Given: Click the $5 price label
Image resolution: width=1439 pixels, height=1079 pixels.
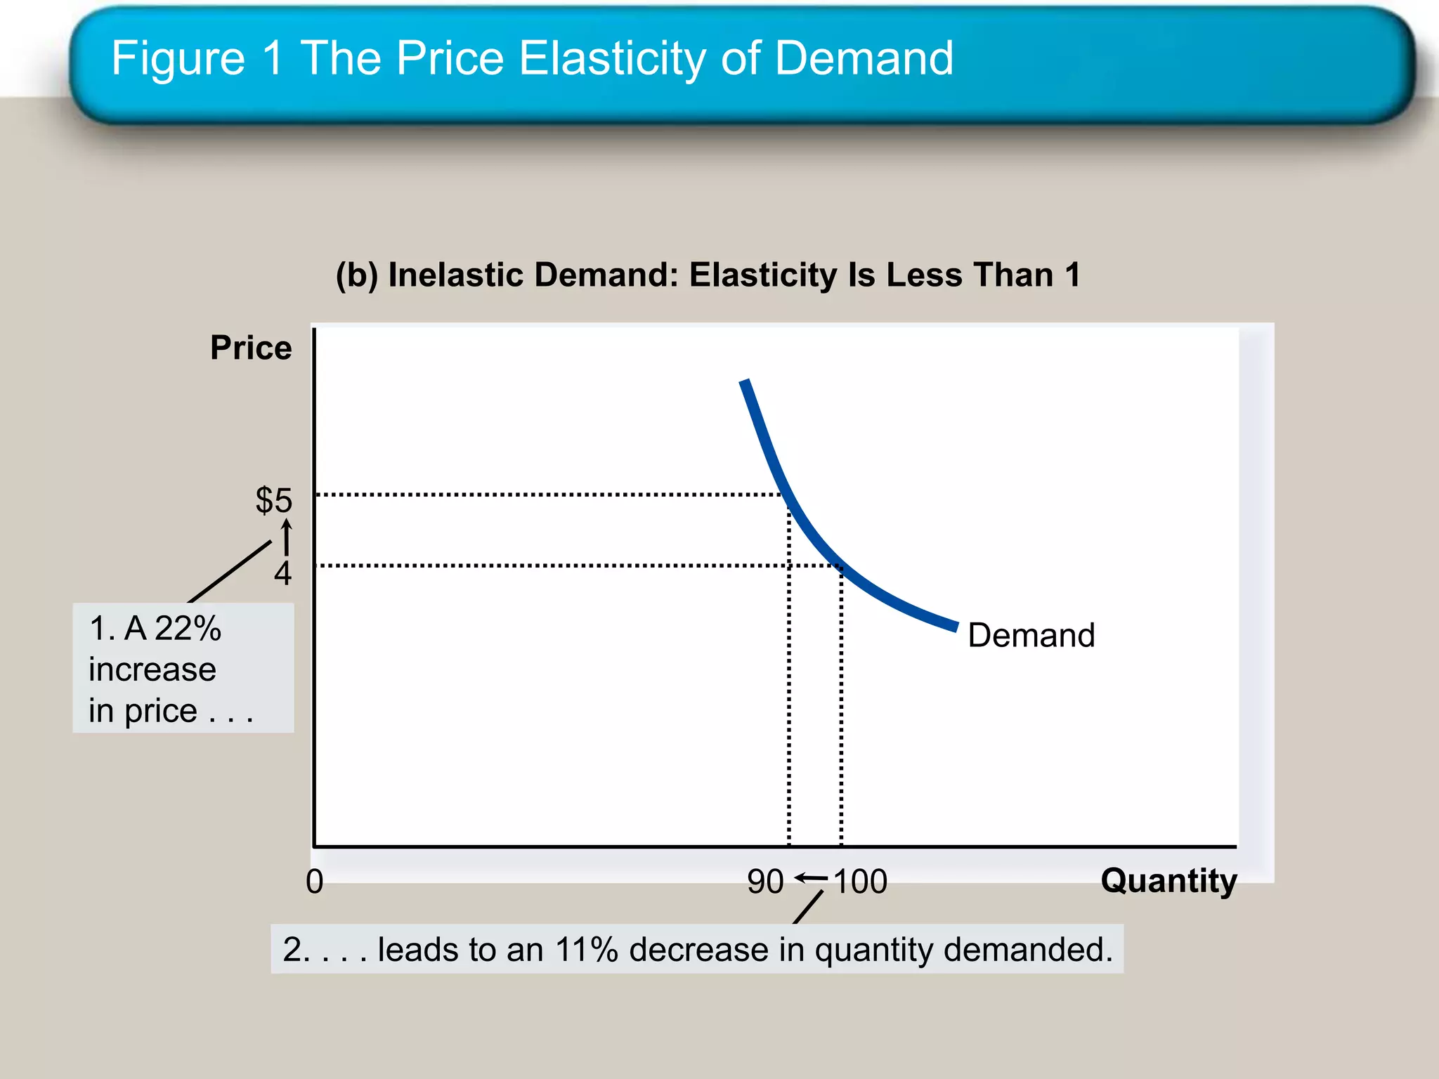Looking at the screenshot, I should point(273,500).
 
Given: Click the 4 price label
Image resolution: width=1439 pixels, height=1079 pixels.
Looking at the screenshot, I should point(282,574).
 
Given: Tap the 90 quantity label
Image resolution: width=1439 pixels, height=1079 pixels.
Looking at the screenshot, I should point(765,882).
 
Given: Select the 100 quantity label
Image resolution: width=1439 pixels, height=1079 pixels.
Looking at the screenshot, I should point(861,882).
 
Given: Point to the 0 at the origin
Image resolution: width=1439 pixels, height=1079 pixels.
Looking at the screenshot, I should point(315,882).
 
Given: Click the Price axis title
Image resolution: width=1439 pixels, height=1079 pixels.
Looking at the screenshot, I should point(251,348).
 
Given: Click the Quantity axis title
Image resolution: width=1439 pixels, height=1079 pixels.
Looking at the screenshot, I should point(1168,881).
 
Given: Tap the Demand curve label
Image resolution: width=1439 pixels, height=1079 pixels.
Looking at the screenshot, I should point(1031,635).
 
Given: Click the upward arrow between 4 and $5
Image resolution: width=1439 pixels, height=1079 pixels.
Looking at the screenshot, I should point(287,537).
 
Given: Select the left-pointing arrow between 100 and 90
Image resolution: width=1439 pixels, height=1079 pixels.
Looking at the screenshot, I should point(811,878).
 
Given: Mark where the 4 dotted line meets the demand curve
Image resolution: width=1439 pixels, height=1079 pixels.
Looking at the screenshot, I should point(840,565).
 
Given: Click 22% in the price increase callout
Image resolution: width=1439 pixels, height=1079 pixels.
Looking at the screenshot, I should point(188,628).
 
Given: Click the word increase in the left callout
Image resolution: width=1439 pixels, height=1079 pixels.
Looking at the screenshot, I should point(152,669).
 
